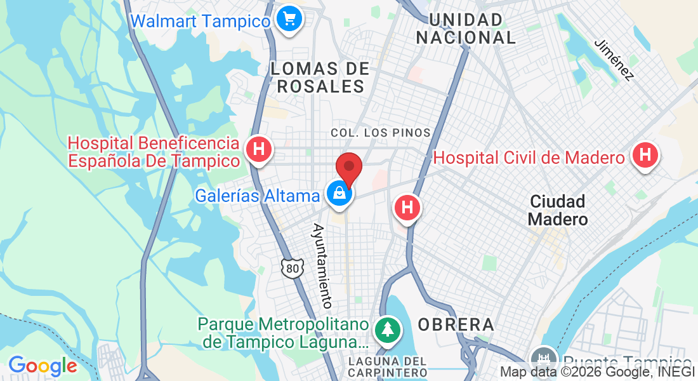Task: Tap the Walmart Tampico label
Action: coord(201,21)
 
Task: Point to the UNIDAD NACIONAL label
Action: coord(466,29)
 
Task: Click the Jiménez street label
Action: coord(614,60)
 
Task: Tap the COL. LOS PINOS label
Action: coord(381,133)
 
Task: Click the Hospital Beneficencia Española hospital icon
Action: coord(258,150)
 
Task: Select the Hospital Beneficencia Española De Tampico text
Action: coord(154,152)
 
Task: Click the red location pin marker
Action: coord(348,168)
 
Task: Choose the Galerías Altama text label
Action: coord(257,196)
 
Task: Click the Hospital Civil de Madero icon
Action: coord(645,154)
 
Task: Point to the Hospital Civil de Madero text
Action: coord(529,157)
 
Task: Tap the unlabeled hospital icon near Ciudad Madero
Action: coord(407,208)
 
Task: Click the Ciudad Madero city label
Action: coord(558,210)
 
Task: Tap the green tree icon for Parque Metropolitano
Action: coord(385,330)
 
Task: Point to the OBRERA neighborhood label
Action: coord(456,324)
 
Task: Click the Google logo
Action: coord(43,365)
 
